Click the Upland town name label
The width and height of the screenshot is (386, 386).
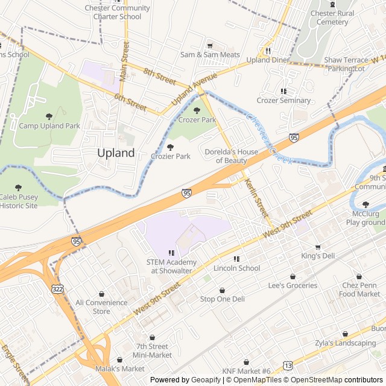[116, 153]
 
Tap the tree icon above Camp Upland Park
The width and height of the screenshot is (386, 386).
[49, 116]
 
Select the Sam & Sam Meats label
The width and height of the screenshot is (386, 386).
[210, 55]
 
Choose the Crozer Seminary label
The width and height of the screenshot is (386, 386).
[283, 101]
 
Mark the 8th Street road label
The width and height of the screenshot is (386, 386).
[159, 75]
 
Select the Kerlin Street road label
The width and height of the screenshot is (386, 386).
[256, 199]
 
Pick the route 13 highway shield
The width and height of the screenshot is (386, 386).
[288, 366]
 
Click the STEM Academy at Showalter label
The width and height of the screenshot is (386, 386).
[171, 266]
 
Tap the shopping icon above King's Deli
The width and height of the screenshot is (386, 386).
[318, 247]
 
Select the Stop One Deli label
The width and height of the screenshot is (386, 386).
[222, 299]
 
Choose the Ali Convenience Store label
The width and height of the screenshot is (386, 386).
[101, 307]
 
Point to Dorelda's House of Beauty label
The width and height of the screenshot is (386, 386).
[226, 156]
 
